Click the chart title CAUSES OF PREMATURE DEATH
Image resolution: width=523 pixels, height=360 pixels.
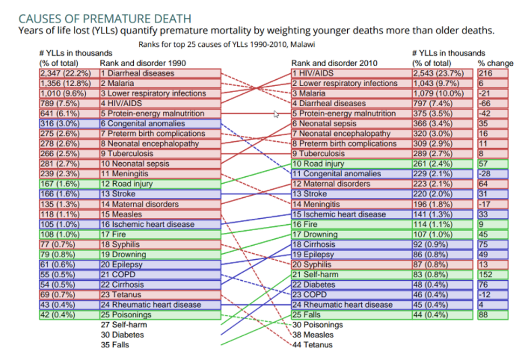(x=105, y=18)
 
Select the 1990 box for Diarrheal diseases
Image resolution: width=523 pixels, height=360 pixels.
(x=160, y=73)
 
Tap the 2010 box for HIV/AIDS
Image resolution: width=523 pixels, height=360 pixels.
(x=350, y=73)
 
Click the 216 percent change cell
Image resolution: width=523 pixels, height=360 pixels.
(x=492, y=73)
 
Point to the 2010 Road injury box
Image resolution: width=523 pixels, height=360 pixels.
(x=350, y=164)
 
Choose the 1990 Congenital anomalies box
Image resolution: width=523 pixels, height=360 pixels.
(x=160, y=123)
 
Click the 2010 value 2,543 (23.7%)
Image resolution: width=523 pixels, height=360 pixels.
(x=442, y=73)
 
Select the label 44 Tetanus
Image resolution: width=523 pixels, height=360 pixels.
(x=313, y=345)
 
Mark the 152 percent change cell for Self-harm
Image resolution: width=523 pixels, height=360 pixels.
(x=492, y=274)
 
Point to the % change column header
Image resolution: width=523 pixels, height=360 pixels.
(x=496, y=63)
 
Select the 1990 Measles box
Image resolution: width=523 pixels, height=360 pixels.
(x=160, y=214)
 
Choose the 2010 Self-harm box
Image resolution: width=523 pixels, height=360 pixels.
(x=350, y=274)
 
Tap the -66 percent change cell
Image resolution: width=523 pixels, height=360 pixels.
(x=492, y=103)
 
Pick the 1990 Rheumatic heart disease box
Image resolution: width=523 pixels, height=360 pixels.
(x=160, y=304)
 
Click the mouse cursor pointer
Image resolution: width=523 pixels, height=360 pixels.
(x=277, y=114)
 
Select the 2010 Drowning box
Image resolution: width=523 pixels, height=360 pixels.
(x=350, y=234)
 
